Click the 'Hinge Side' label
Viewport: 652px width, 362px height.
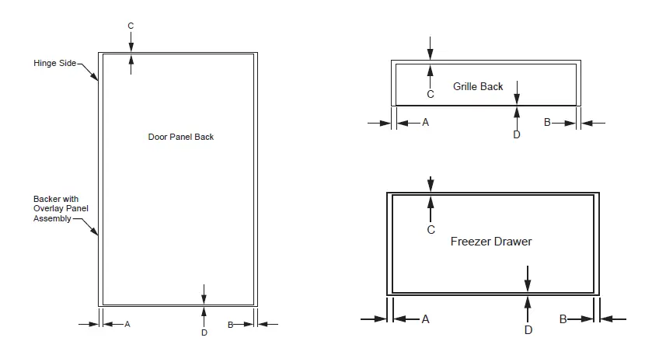pyautogui.click(x=54, y=63)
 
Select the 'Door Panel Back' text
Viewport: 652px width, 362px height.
pyautogui.click(x=180, y=137)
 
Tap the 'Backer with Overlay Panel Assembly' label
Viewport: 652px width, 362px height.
pyautogui.click(x=55, y=209)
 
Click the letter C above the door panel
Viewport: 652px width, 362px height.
pyautogui.click(x=131, y=26)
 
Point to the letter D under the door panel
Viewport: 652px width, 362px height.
pyautogui.click(x=204, y=332)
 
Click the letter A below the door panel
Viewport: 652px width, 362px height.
pyautogui.click(x=127, y=324)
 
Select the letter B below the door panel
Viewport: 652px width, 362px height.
pyautogui.click(x=230, y=324)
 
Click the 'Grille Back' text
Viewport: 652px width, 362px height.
pyautogui.click(x=478, y=86)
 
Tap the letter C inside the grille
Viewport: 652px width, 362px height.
pyautogui.click(x=430, y=94)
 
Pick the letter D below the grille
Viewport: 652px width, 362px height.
pyautogui.click(x=517, y=134)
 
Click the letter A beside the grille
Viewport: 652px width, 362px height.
pyautogui.click(x=425, y=122)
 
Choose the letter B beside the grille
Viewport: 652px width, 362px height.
pyautogui.click(x=547, y=122)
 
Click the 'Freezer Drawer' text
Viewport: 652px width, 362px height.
pyautogui.click(x=491, y=242)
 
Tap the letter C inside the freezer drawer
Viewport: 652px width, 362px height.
pyautogui.click(x=431, y=230)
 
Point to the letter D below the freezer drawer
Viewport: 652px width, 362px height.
pyautogui.click(x=528, y=330)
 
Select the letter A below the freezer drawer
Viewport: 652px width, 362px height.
pyautogui.click(x=425, y=318)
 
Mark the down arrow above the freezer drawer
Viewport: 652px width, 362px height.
pyautogui.click(x=431, y=184)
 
